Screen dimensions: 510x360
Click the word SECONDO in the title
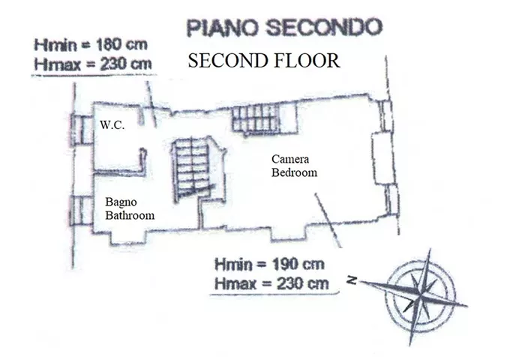tap(325, 27)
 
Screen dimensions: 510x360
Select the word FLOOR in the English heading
tap(307, 61)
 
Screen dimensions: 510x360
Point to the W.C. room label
tap(112, 125)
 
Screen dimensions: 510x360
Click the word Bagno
tap(121, 202)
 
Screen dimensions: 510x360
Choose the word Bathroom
tap(130, 215)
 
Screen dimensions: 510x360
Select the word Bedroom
tap(294, 172)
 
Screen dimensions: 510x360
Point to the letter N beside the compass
tap(352, 280)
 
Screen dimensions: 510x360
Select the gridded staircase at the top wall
tap(256, 117)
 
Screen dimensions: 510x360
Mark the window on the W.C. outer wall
tap(82, 130)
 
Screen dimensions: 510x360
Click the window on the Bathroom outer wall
tap(81, 211)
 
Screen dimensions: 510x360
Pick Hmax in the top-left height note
tap(57, 64)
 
